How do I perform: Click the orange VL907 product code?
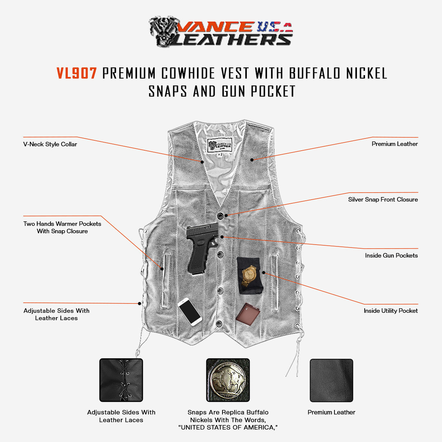point(77,73)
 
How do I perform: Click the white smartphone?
point(190,312)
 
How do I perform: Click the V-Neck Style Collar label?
point(50,144)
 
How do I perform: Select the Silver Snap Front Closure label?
point(383,200)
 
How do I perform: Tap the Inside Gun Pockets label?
point(391,255)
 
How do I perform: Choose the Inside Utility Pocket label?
point(390,311)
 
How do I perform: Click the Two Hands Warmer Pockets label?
point(62,227)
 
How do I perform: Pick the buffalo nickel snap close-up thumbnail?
point(228,380)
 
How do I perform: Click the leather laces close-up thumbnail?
point(121,380)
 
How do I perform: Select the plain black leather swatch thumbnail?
point(331,380)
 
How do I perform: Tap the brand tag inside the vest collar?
point(220,145)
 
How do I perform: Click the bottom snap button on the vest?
point(220,324)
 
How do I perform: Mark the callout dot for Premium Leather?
point(252,160)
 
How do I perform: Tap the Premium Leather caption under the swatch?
point(331,413)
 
